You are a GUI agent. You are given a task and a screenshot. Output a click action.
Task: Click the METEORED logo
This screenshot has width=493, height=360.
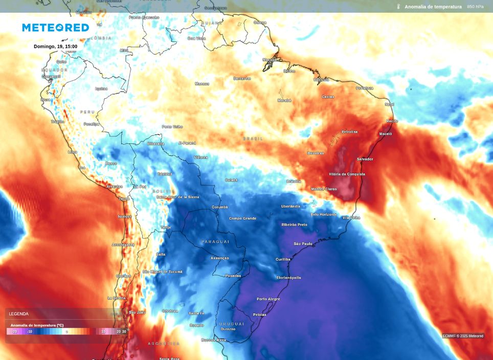click(x=55, y=28)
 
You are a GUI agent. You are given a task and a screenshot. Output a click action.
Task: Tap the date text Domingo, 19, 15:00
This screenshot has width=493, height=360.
click(x=55, y=47)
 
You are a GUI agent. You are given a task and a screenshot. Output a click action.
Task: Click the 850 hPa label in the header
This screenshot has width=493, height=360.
click(x=475, y=7)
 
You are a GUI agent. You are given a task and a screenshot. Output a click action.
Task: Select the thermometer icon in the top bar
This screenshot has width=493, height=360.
click(x=397, y=7)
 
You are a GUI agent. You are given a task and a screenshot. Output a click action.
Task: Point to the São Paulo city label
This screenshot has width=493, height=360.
click(x=303, y=244)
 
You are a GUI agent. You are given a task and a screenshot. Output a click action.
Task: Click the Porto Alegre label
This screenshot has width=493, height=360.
click(x=268, y=299)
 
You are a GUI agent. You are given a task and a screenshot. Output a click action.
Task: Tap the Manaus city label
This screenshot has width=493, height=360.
click(x=202, y=84)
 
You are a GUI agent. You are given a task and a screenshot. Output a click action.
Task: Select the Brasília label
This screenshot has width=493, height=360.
click(x=294, y=181)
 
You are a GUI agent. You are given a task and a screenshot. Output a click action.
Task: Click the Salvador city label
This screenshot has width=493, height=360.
click(x=365, y=159)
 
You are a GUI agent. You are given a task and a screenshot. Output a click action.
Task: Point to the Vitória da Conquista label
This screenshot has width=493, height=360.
click(x=347, y=174)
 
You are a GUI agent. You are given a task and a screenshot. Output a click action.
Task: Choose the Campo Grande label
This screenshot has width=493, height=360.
click(x=242, y=218)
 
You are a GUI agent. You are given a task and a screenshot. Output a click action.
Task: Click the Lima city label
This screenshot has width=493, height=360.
click(x=72, y=152)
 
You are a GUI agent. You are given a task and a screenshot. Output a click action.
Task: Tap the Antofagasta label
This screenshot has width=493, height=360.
click(x=123, y=245)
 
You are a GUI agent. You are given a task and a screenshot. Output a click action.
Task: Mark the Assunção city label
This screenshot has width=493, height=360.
click(x=220, y=258)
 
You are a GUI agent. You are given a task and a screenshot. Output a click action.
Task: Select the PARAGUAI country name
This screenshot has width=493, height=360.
click(x=215, y=241)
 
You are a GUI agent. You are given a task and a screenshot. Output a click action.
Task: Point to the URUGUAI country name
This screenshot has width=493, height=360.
click(x=232, y=324)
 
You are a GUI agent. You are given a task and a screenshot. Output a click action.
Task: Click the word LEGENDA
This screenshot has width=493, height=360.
click(x=18, y=314)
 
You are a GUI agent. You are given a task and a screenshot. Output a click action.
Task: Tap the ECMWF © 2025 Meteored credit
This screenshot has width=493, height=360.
click(x=463, y=336)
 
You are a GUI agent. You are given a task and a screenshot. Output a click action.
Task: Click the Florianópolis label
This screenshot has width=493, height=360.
click(x=288, y=278)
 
